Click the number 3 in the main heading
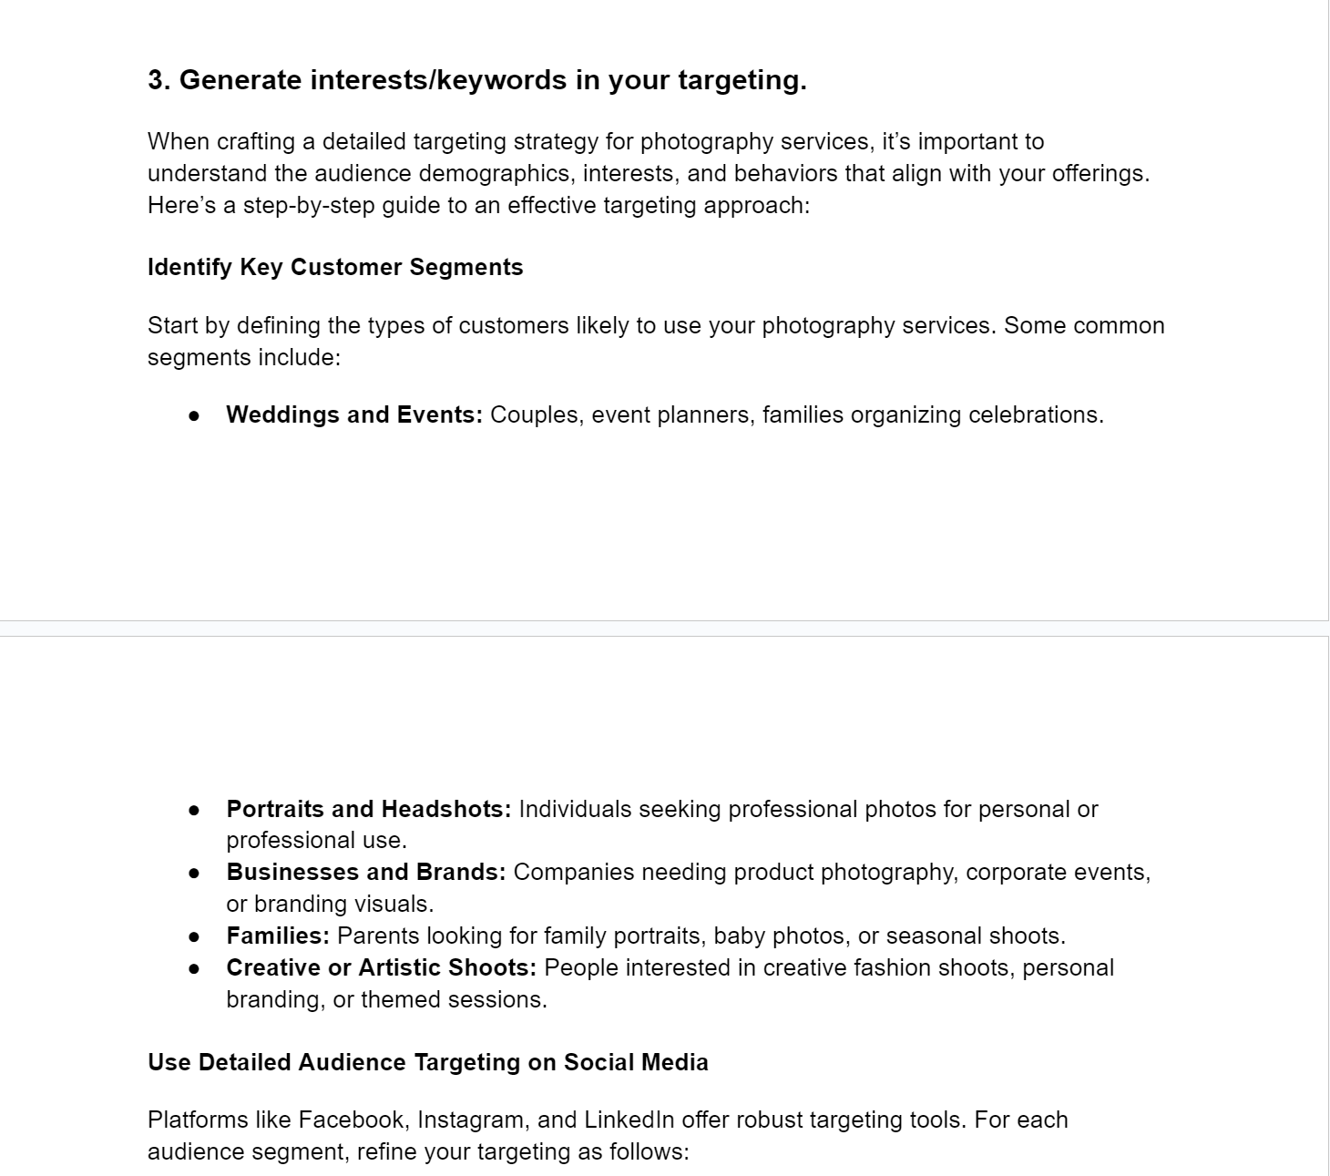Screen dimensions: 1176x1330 pyautogui.click(x=157, y=80)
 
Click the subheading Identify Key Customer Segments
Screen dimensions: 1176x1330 pyautogui.click(x=335, y=267)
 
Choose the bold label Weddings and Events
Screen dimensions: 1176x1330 pyautogui.click(x=353, y=414)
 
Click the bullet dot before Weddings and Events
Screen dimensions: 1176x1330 pyautogui.click(x=194, y=415)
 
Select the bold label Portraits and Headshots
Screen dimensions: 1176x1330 pyautogui.click(x=368, y=809)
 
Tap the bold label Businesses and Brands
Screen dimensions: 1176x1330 pyautogui.click(x=365, y=872)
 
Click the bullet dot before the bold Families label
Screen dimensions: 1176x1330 pyautogui.click(x=194, y=936)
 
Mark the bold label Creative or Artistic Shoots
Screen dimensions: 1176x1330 pyautogui.click(x=381, y=967)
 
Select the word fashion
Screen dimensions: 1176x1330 pyautogui.click(x=885, y=967)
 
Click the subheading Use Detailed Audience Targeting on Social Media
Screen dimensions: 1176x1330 pyautogui.click(x=427, y=1062)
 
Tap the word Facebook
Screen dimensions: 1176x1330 pyautogui.click(x=352, y=1120)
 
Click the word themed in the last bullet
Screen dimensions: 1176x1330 pyautogui.click(x=393, y=999)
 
